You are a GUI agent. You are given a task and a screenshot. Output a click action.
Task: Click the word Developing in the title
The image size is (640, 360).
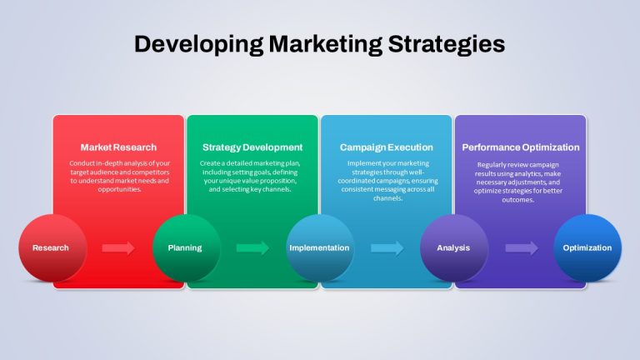199,44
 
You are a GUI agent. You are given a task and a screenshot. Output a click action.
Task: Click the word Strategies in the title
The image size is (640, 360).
447,44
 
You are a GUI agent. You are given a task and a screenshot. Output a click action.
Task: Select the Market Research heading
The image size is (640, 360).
118,147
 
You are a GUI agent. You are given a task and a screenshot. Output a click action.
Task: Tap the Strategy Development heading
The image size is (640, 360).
252,147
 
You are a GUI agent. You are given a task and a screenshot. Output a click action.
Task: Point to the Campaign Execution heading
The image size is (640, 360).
387,147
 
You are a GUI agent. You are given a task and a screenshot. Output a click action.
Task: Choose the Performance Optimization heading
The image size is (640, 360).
520,147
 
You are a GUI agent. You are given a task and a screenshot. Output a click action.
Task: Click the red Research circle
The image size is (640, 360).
52,248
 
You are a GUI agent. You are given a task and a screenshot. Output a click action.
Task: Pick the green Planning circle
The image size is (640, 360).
187,248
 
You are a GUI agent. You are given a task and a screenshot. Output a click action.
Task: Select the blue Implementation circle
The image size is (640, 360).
320,248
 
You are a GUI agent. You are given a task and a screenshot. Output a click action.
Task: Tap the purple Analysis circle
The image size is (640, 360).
454,248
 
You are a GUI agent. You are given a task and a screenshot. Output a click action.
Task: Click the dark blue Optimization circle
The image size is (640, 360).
587,248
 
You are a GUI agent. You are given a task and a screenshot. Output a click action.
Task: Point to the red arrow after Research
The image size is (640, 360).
118,247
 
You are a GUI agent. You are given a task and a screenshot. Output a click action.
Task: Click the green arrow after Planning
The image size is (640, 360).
252,247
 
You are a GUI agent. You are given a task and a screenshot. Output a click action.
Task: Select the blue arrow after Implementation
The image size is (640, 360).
387,247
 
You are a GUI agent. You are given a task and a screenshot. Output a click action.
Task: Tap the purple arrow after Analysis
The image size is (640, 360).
522,247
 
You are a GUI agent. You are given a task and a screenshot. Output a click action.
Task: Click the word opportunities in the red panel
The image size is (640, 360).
120,190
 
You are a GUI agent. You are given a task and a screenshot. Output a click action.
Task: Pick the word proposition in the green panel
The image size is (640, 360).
277,181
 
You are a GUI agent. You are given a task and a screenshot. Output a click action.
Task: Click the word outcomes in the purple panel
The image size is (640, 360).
518,200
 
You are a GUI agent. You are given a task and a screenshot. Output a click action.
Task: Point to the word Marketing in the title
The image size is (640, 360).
326,44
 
